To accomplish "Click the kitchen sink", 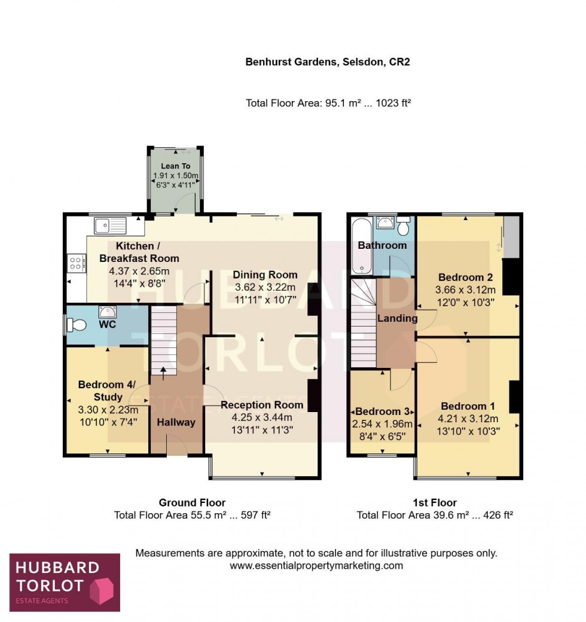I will (110, 226).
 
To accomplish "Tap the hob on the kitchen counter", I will (78, 263).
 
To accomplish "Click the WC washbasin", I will (108, 311).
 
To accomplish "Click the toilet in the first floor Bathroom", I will (404, 227).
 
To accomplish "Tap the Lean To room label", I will (175, 166).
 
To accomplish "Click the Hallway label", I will (176, 422).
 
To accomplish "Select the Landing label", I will (397, 318).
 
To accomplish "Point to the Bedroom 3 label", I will (383, 411).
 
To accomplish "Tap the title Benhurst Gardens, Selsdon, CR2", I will (328, 62).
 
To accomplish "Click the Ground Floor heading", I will (192, 502).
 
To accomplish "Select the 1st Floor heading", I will (435, 502).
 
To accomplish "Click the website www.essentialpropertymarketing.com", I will (316, 565).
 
